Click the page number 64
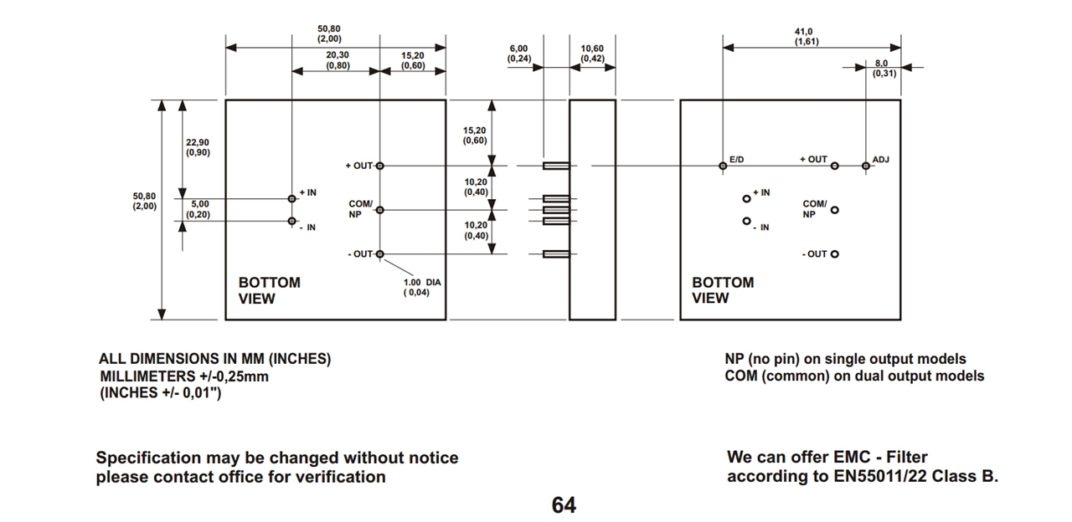coord(564,505)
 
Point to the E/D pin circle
coord(723,166)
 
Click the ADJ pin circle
coord(866,166)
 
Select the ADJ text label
coord(881,159)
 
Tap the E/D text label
coord(737,159)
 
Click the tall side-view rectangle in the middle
coord(592,209)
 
